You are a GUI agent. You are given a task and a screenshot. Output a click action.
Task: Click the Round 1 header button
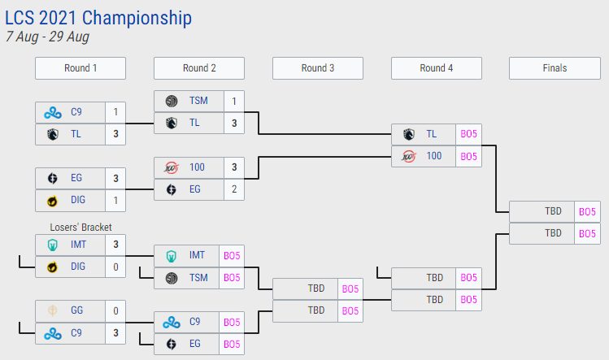point(80,68)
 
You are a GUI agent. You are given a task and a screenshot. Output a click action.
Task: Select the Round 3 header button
point(317,68)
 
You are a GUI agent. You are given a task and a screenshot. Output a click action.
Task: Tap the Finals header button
point(554,68)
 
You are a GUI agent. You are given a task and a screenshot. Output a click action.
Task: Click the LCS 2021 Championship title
point(98,17)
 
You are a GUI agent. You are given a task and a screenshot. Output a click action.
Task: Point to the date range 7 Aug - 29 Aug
point(47,37)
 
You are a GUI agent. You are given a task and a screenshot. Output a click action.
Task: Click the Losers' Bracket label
point(80,228)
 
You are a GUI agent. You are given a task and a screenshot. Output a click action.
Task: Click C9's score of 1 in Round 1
point(116,111)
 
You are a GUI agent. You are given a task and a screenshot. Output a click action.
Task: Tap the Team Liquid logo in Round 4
point(408,134)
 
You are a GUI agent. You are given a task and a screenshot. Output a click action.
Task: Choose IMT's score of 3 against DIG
point(116,244)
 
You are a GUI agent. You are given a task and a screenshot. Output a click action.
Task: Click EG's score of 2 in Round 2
point(234,189)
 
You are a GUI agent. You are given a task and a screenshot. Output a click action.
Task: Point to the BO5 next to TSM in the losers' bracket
point(232,277)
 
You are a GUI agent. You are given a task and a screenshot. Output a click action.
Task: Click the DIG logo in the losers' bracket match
point(53,267)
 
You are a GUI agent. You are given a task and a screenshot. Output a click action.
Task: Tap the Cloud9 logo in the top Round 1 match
point(53,111)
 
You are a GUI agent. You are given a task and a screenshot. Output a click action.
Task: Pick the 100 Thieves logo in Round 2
point(172,167)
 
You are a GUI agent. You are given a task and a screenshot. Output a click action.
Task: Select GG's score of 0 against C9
point(116,310)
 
